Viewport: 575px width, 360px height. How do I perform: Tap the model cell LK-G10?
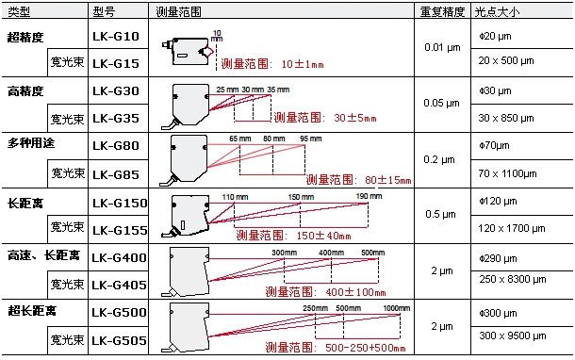117,37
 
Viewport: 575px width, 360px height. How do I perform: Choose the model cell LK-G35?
117,119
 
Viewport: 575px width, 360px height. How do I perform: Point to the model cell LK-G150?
120,203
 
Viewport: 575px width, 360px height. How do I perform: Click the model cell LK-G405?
120,284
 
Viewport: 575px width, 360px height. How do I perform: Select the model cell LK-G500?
120,312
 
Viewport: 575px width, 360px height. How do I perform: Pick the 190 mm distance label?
369,196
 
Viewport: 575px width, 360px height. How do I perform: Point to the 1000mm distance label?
397,308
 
